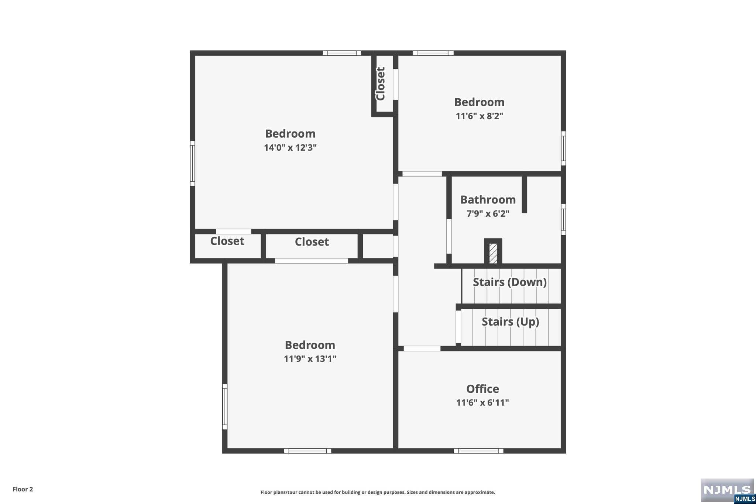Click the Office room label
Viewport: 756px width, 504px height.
(x=482, y=389)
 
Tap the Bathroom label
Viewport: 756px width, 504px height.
(x=488, y=200)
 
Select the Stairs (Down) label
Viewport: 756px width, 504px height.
(x=509, y=282)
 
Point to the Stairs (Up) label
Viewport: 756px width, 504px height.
(x=510, y=322)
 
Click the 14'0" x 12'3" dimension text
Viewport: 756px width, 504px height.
(x=290, y=148)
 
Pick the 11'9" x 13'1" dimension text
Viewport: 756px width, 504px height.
(x=310, y=359)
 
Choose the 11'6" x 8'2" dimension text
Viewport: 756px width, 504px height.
(x=479, y=116)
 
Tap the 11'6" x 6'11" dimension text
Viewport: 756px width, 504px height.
(x=482, y=402)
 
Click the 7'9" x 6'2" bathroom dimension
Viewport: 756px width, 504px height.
(x=488, y=213)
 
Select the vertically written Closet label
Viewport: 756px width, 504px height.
(x=381, y=83)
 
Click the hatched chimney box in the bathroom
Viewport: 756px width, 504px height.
(x=493, y=253)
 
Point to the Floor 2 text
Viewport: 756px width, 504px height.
(x=23, y=489)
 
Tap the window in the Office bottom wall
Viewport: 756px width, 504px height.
(x=478, y=451)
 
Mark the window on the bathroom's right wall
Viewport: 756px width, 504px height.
(x=563, y=219)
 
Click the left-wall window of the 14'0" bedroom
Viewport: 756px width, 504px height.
(x=192, y=163)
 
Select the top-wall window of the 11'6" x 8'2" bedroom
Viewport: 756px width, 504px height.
(x=433, y=53)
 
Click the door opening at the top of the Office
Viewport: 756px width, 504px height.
(x=422, y=349)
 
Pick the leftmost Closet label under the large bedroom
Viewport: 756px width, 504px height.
(x=227, y=241)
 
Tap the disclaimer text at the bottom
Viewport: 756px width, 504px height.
(x=378, y=492)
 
